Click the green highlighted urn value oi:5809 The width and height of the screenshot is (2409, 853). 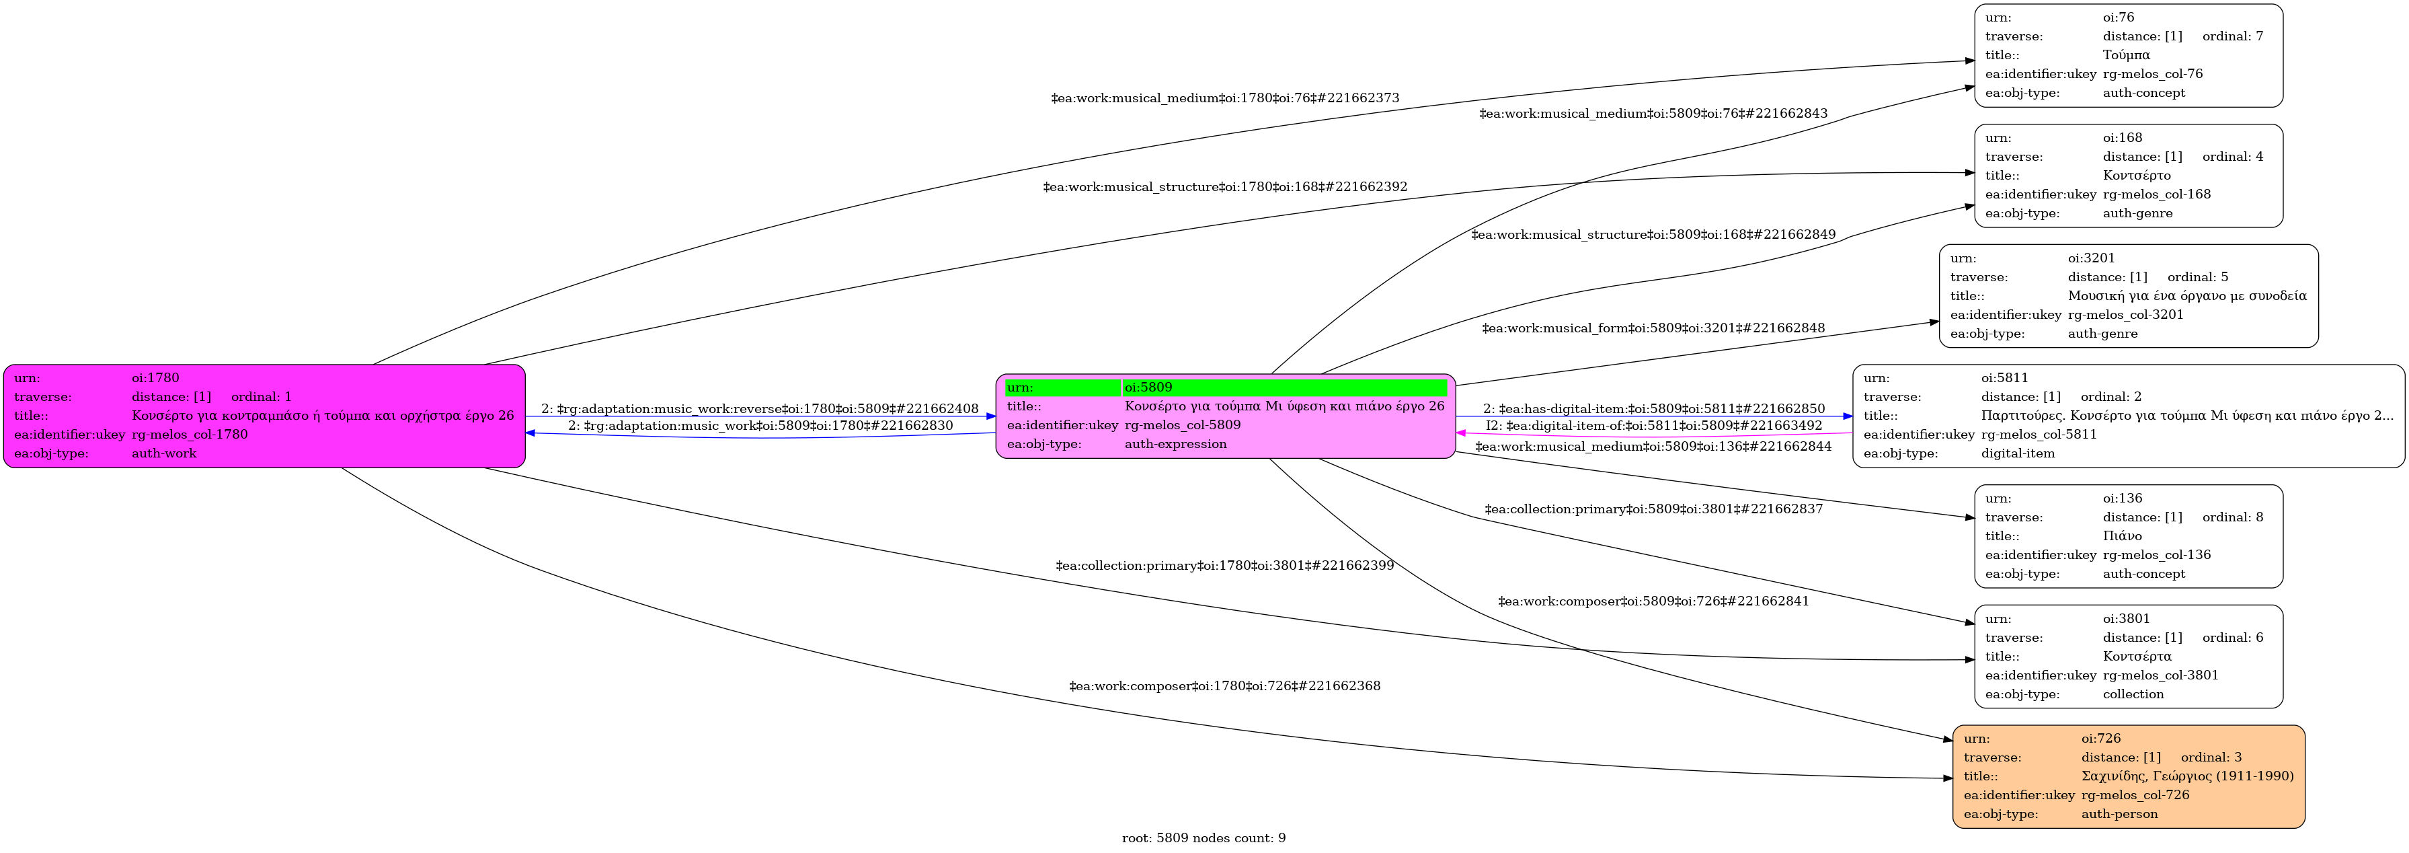tap(1148, 387)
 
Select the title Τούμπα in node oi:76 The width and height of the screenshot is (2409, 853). tap(2126, 55)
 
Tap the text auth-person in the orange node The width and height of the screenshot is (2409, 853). tap(2119, 814)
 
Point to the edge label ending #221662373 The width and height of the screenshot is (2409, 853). tap(1225, 98)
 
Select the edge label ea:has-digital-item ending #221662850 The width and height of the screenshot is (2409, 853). tap(1653, 409)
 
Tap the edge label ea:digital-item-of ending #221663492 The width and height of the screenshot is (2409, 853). tap(1653, 426)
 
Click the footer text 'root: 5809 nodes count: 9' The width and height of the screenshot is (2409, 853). tap(1203, 838)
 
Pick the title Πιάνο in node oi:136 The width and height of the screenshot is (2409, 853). tap(2122, 536)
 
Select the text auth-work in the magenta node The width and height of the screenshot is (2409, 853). tap(165, 453)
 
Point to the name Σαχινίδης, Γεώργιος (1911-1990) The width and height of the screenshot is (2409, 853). tap(2187, 776)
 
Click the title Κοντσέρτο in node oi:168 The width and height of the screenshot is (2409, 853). tap(2137, 176)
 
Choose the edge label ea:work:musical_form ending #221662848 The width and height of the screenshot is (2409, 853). tap(1653, 328)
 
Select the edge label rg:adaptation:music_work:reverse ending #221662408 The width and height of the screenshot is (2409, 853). tap(759, 409)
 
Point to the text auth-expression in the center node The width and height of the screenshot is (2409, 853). tap(1175, 444)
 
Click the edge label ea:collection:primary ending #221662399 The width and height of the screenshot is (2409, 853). tap(1224, 566)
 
